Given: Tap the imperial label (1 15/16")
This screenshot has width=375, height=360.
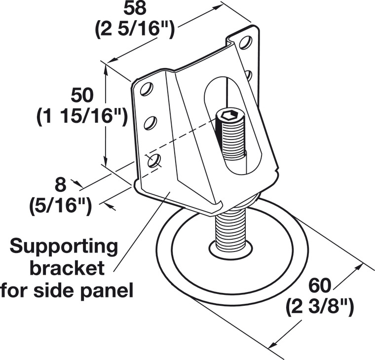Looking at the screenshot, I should point(82,116).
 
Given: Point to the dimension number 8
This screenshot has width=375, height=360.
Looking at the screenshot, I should point(60,185).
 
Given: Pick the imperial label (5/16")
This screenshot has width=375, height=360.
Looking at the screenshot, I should point(60,206).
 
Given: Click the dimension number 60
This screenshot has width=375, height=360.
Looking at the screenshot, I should point(320,285).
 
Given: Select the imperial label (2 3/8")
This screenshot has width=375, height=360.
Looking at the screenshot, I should point(320,307).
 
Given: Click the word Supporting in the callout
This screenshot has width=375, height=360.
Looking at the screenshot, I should point(65,246).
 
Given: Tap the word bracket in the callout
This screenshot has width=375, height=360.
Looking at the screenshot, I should point(68,268).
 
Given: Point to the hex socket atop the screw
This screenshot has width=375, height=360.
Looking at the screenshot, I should point(228,116).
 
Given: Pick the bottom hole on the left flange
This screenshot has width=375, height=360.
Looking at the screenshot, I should point(154,160).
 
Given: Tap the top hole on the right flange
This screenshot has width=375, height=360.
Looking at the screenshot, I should point(245,43).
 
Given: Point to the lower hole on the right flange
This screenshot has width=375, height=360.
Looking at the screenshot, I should point(249,75).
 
